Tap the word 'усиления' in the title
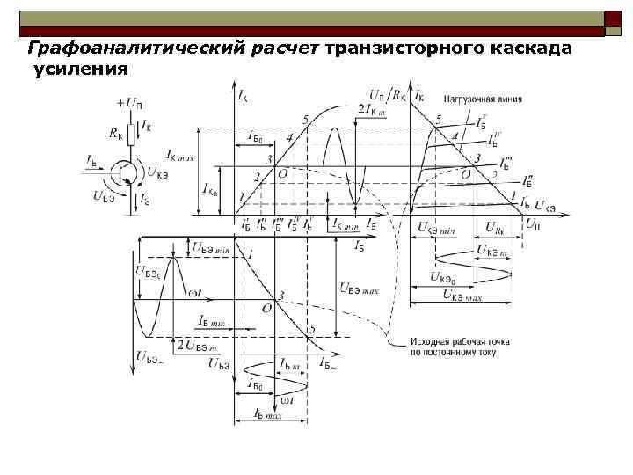tap(81, 69)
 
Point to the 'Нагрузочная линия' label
tap(483, 99)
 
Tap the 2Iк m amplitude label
tap(373, 108)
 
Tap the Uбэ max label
tap(358, 288)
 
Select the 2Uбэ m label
tap(199, 345)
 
